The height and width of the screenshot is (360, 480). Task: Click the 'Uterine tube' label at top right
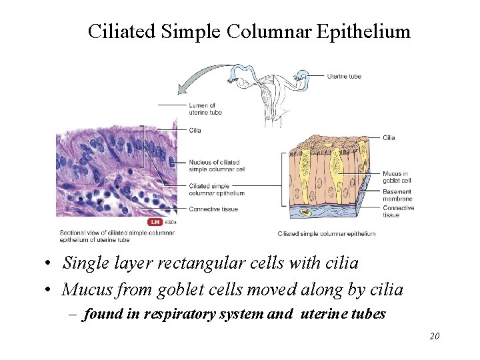pyautogui.click(x=344, y=76)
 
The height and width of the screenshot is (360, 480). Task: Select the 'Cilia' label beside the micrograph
pyautogui.click(x=195, y=131)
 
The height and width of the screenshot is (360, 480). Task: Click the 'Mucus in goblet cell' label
pyautogui.click(x=397, y=177)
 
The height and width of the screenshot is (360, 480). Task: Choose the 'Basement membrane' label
pyautogui.click(x=398, y=195)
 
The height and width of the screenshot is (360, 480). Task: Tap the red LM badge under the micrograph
pyautogui.click(x=155, y=222)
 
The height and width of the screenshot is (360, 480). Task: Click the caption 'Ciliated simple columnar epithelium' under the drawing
pyautogui.click(x=326, y=234)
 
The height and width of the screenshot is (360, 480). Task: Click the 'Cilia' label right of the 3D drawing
pyautogui.click(x=389, y=138)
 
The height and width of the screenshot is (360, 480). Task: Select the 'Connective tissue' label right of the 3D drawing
pyautogui.click(x=399, y=211)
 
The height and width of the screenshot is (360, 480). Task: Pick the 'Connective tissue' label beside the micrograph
pyautogui.click(x=213, y=209)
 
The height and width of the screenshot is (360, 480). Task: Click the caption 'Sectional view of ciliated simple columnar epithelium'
pyautogui.click(x=117, y=236)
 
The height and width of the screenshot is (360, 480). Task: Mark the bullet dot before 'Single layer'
pyautogui.click(x=51, y=264)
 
